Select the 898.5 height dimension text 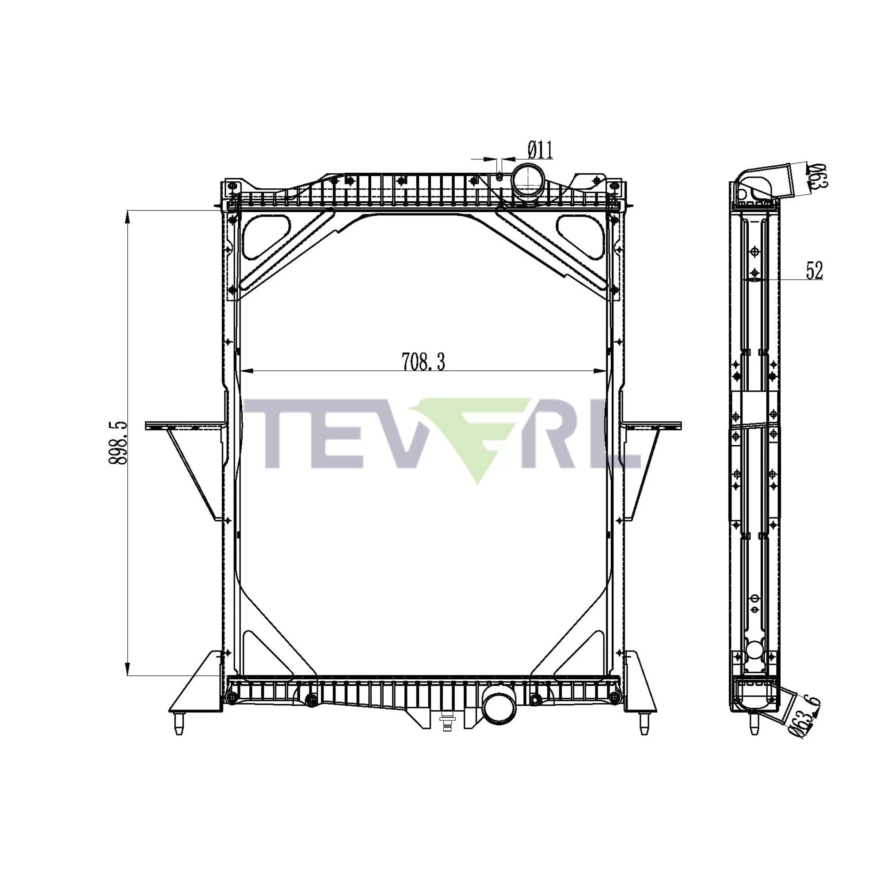(118, 443)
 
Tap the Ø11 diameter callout (541, 150)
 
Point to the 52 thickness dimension (814, 271)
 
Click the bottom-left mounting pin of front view (179, 724)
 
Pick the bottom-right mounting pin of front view (644, 724)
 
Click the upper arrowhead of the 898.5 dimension (128, 217)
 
